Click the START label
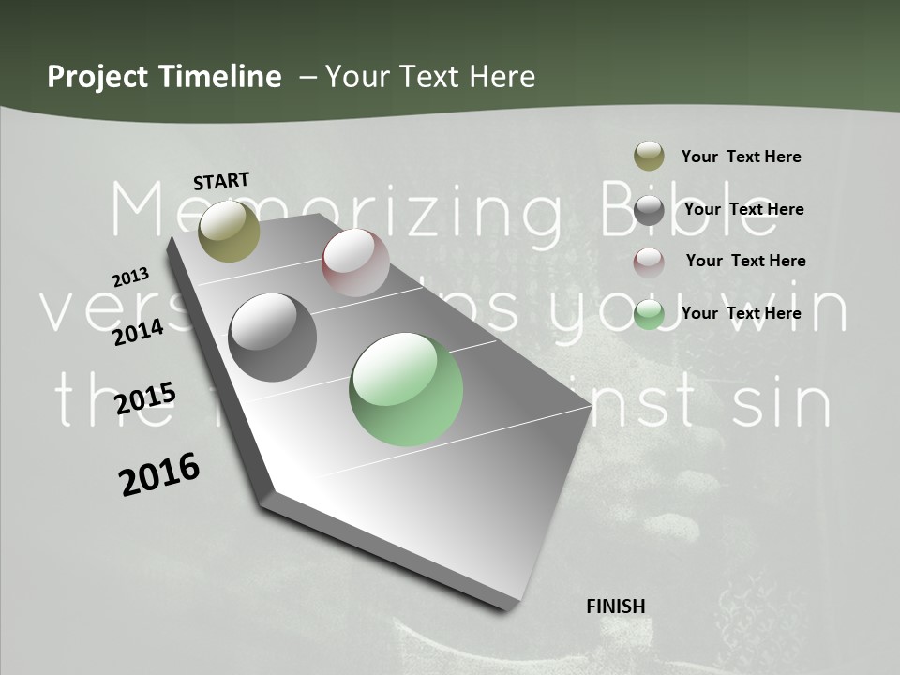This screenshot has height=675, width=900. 221,181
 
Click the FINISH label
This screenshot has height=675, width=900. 616,607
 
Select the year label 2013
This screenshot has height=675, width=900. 131,277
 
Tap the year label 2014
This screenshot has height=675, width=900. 139,332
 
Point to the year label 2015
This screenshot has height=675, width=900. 145,398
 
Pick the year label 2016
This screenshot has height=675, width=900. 159,474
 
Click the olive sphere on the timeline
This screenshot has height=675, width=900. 230,231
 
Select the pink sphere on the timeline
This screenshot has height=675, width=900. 355,262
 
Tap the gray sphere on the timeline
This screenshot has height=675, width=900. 273,337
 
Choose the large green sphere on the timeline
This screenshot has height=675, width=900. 406,389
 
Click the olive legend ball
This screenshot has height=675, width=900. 649,157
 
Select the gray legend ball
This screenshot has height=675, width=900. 649,210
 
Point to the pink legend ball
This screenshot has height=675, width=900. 649,262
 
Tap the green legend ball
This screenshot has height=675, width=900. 649,314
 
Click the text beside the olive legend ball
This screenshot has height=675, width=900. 741,157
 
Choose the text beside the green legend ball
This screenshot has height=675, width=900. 741,313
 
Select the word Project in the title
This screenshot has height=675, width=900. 98,77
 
